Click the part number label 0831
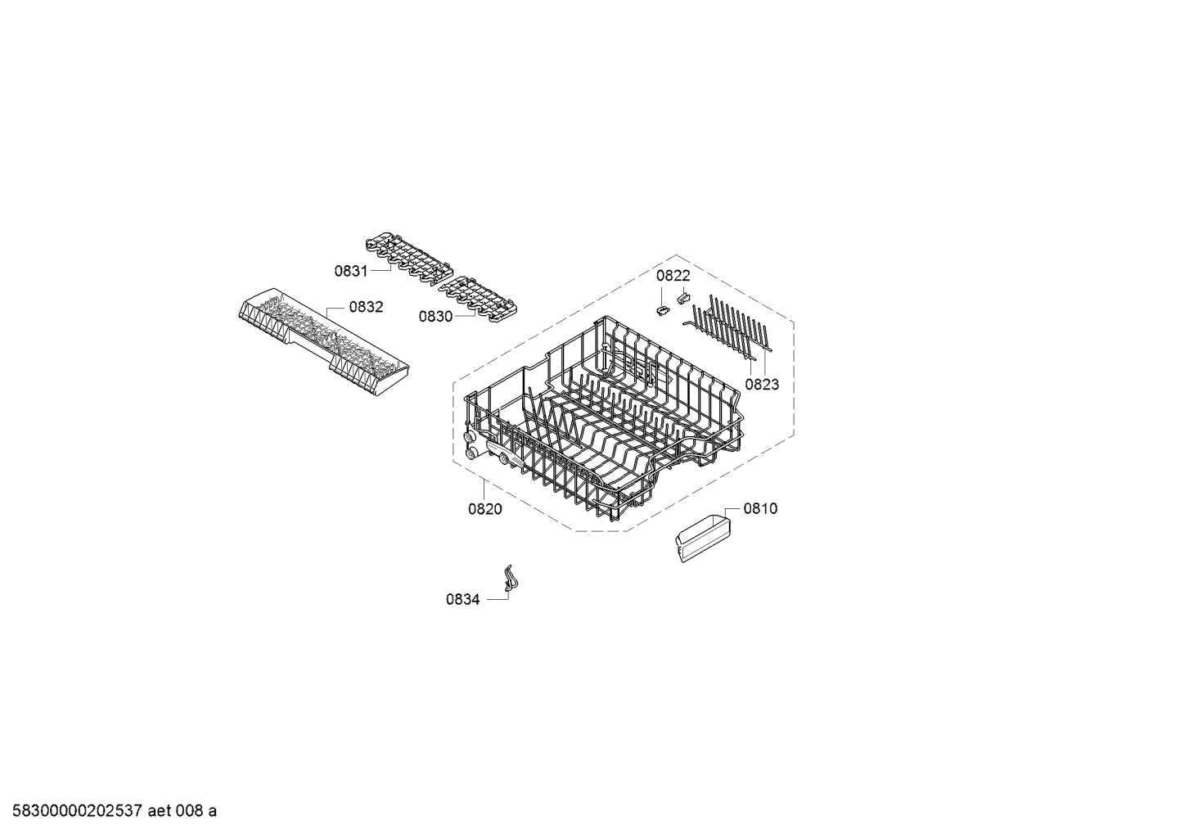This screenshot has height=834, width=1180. point(351,272)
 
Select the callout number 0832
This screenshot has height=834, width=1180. point(366,307)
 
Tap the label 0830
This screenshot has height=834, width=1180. point(435,317)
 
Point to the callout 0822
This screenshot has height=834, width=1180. point(673,276)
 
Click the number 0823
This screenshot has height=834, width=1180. point(762,385)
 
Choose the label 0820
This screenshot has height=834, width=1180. point(485,509)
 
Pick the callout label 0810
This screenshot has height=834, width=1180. point(761,508)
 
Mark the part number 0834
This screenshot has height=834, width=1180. point(463,600)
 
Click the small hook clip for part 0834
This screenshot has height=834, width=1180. point(508,579)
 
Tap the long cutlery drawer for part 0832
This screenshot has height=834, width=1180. point(323,342)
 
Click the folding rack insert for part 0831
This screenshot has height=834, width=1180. point(409,259)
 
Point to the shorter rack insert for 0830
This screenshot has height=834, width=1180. point(478,301)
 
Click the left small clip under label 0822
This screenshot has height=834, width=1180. point(662,310)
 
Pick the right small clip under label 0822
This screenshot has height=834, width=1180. point(683,299)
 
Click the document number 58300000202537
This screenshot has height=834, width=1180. point(78,811)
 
